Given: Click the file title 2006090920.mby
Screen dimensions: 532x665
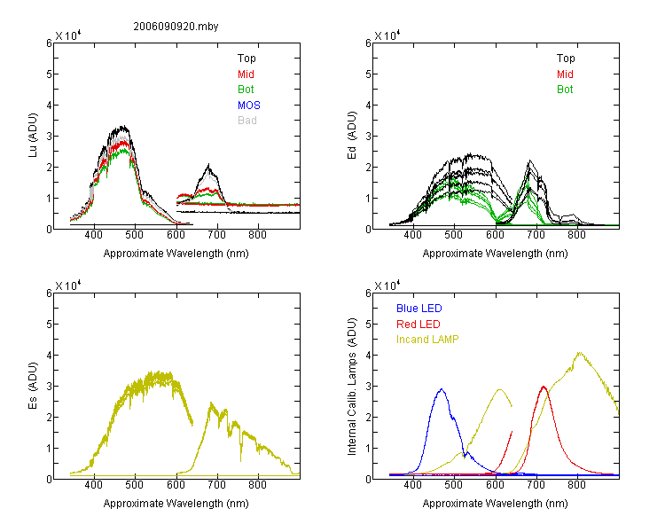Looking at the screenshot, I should pyautogui.click(x=176, y=27).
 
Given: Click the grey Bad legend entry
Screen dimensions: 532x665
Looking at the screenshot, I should pyautogui.click(x=246, y=120).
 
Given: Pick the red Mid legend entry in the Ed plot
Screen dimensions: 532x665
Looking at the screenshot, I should pyautogui.click(x=565, y=74).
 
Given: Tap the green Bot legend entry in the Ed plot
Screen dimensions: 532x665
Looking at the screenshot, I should pyautogui.click(x=565, y=90).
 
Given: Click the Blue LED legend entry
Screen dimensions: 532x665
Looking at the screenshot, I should pyautogui.click(x=419, y=309).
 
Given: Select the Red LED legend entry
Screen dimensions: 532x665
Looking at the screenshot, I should pyautogui.click(x=418, y=325).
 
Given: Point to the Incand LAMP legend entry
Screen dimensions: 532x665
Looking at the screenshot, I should pyautogui.click(x=427, y=340).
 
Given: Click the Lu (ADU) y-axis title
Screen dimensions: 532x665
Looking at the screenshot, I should pyautogui.click(x=34, y=137).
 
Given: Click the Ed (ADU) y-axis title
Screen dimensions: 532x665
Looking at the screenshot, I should pyautogui.click(x=353, y=137).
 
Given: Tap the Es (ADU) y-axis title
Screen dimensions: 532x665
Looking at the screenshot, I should pyautogui.click(x=34, y=386).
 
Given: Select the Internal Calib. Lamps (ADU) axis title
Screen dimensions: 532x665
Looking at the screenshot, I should pyautogui.click(x=353, y=386).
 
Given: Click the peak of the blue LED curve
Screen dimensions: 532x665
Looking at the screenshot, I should pyautogui.click(x=441, y=389).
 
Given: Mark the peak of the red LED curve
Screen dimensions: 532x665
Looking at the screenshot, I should pyautogui.click(x=544, y=387).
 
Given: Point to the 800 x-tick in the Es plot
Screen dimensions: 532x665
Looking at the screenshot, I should pyautogui.click(x=258, y=486).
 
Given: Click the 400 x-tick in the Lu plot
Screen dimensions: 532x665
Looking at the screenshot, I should pyautogui.click(x=94, y=236).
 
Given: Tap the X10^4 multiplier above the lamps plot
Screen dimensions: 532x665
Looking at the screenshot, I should pyautogui.click(x=387, y=286).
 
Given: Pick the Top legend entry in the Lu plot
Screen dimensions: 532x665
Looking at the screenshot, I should pyautogui.click(x=246, y=59).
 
